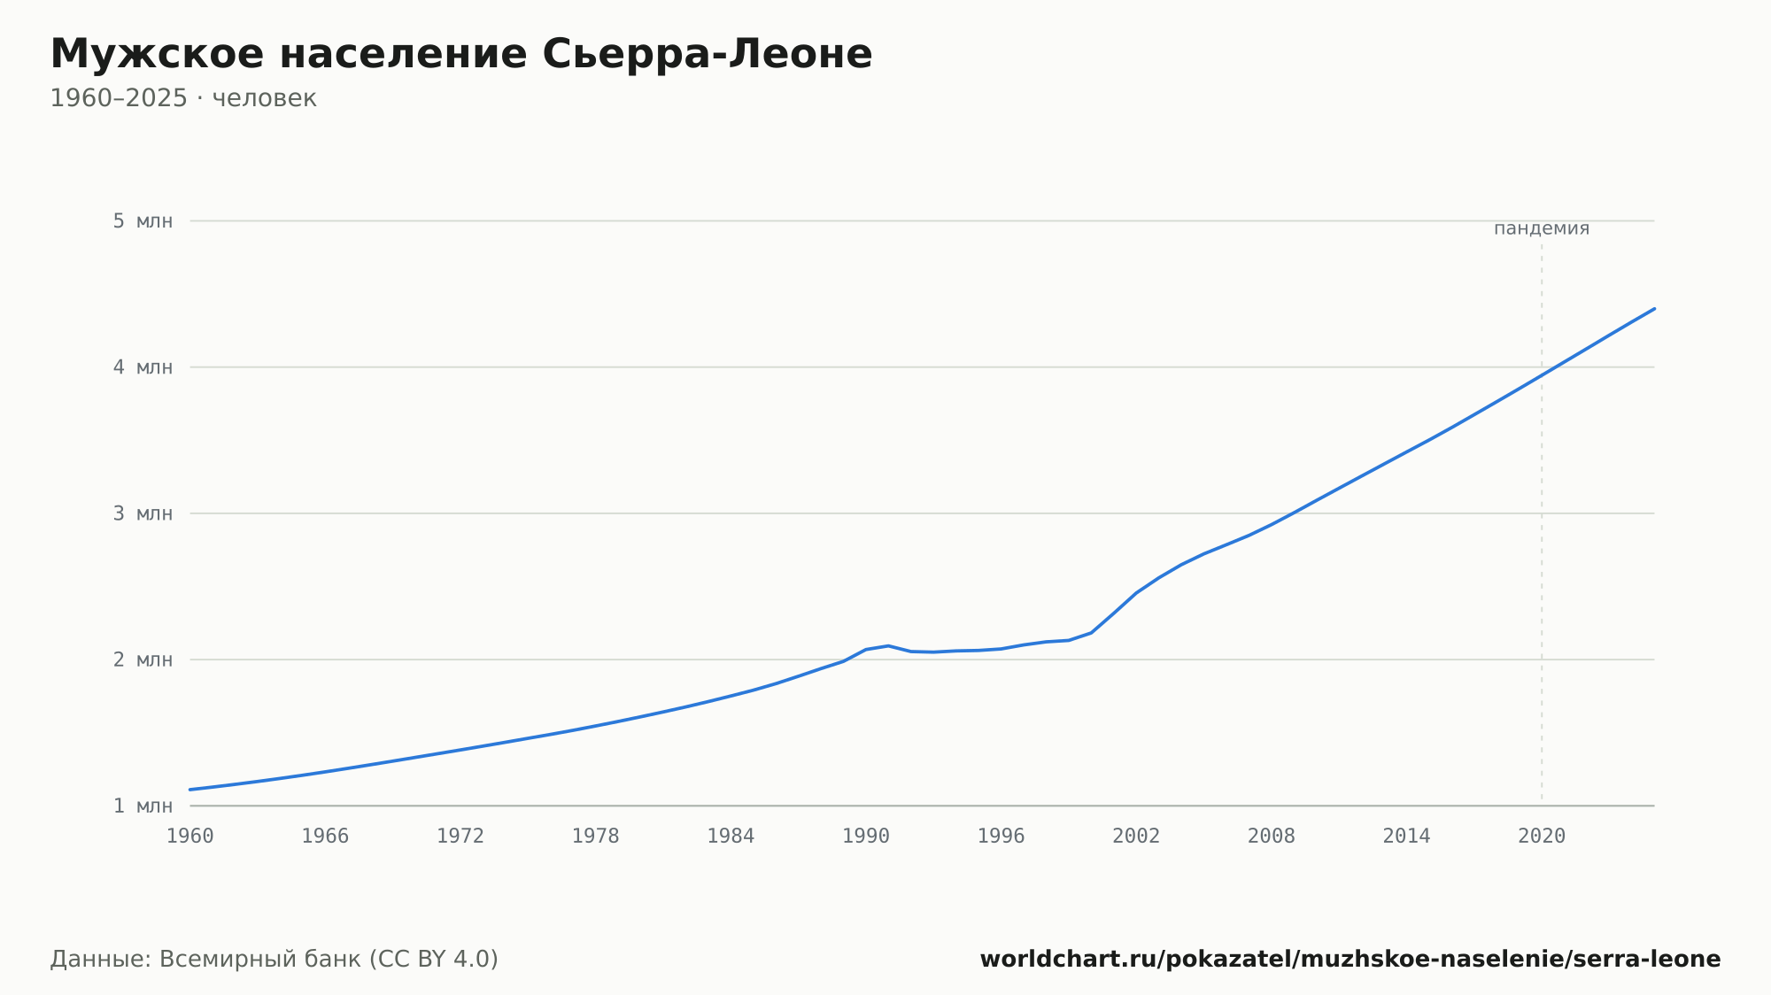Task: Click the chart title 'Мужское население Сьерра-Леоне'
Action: [461, 54]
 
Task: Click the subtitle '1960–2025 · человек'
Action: [183, 98]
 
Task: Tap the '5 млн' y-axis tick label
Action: [143, 221]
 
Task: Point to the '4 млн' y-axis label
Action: [143, 367]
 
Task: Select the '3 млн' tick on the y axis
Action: [143, 513]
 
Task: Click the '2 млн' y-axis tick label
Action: [143, 659]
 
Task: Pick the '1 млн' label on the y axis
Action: [143, 806]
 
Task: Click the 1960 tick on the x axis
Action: [190, 837]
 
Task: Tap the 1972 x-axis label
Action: [460, 837]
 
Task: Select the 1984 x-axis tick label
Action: [731, 837]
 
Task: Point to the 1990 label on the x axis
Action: [866, 837]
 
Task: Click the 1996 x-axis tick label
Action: [1002, 837]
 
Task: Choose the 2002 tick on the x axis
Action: [1136, 837]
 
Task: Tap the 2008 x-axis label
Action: [1272, 837]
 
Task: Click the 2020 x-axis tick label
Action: [1542, 837]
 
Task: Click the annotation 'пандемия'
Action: [1542, 228]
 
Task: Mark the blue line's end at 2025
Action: [1654, 309]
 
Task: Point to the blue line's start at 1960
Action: [190, 790]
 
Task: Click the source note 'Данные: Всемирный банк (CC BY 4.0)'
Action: [275, 959]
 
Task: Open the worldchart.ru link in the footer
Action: [1350, 959]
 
